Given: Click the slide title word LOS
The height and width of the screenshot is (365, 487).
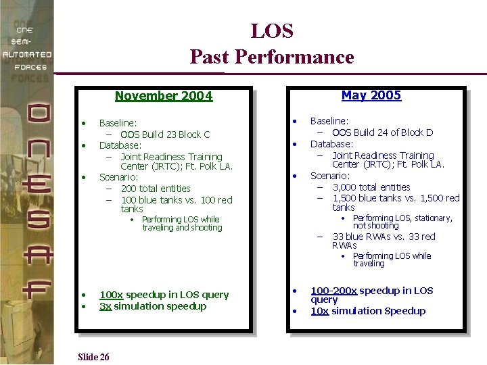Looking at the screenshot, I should [272, 31].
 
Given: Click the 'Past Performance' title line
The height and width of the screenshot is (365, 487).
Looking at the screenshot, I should [272, 57].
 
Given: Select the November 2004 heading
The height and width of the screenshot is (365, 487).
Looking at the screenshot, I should [164, 96].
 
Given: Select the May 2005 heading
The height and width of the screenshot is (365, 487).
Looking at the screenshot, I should [371, 95].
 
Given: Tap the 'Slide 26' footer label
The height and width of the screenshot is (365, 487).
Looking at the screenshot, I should [93, 357].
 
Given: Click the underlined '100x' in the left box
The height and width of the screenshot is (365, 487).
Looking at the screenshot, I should [111, 295].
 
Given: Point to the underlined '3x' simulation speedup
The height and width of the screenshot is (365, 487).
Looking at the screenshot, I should [106, 306].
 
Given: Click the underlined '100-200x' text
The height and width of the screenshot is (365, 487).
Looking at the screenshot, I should [333, 291].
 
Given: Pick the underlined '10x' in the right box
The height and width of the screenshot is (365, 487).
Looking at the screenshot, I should [319, 311].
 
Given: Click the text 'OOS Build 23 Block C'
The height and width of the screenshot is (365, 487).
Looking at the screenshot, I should [165, 135].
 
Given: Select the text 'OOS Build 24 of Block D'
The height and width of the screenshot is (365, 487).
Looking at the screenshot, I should [382, 132].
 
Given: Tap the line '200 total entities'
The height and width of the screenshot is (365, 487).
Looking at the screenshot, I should [156, 189].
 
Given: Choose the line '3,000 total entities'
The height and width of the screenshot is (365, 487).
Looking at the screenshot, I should [371, 187].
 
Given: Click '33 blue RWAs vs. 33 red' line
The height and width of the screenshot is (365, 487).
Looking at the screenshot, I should [384, 237].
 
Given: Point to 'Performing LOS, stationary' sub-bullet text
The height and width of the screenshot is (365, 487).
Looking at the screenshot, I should [402, 218].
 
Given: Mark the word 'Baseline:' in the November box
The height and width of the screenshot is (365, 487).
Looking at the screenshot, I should [118, 123].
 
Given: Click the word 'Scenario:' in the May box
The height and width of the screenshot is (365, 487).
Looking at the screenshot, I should [330, 176].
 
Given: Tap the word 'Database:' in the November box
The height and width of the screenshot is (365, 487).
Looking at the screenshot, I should [120, 145].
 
